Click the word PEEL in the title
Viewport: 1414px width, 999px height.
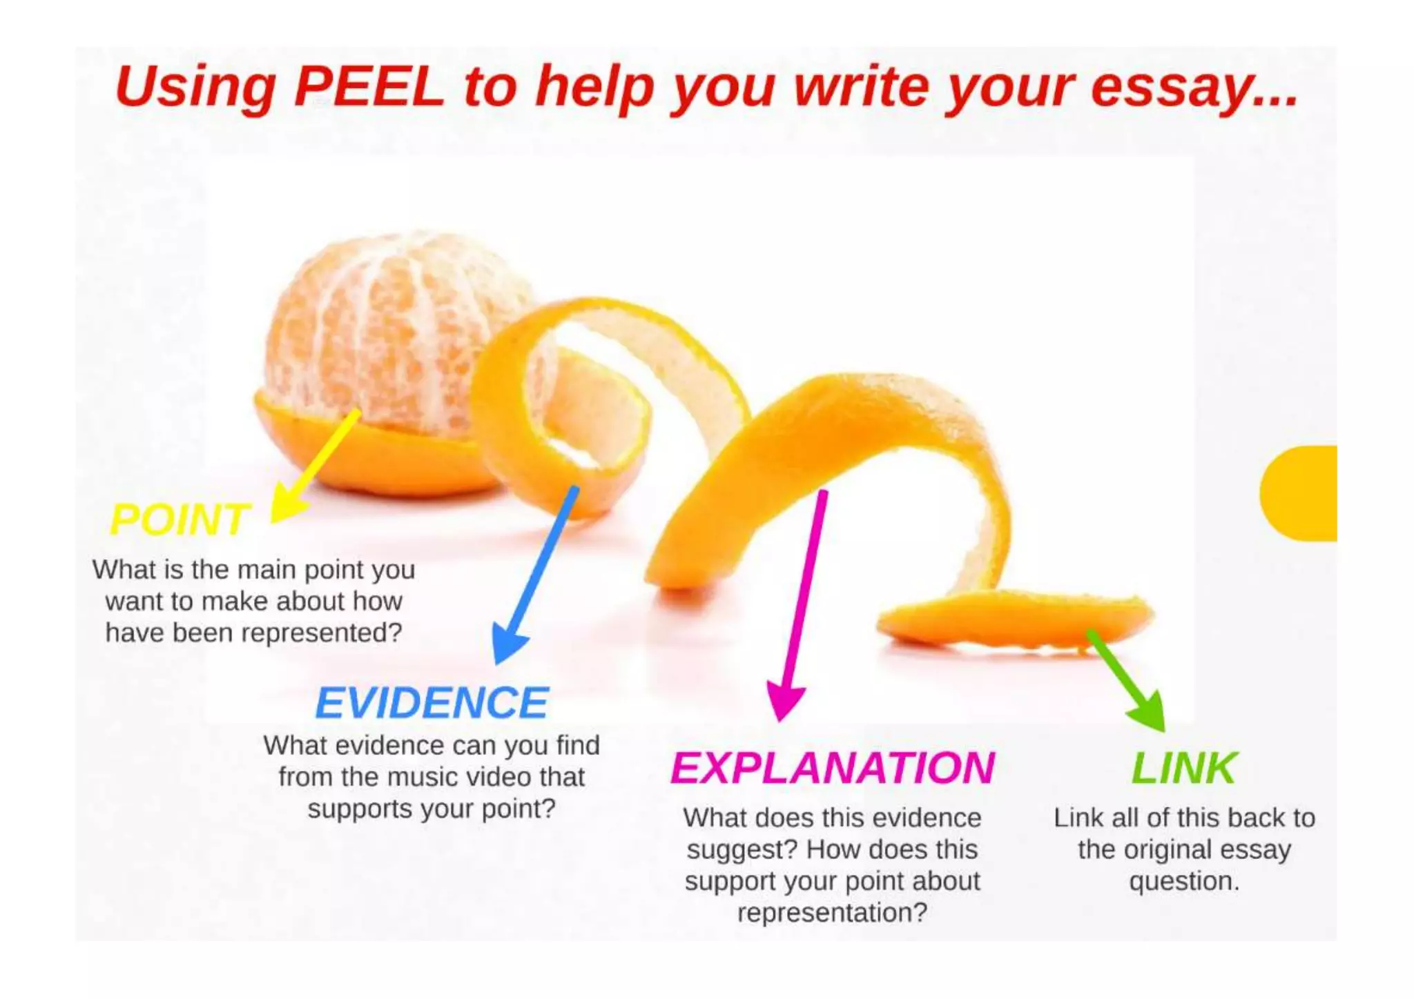(369, 88)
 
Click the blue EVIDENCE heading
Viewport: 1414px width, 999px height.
(432, 703)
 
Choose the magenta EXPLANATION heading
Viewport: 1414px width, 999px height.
(832, 768)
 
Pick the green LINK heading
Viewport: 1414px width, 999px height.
(1183, 768)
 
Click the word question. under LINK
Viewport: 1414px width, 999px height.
(1184, 881)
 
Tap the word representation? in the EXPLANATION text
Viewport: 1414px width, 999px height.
(832, 913)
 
